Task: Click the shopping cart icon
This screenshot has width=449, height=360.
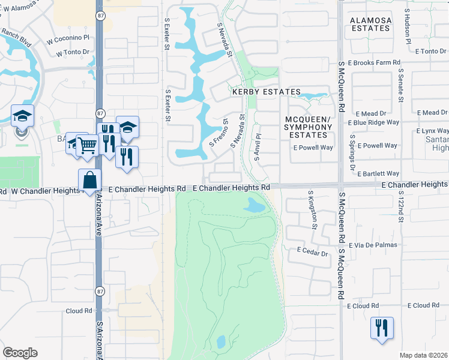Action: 88,144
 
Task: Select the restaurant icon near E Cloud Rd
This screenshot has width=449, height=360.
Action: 382,328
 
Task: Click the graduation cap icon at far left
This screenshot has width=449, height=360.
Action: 22,116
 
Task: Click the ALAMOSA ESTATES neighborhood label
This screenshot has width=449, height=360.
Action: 370,24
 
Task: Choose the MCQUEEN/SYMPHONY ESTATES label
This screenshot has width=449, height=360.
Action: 307,127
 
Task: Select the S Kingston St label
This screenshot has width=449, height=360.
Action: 313,209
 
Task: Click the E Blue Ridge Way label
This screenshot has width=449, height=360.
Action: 373,122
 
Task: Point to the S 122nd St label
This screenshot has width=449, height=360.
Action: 400,208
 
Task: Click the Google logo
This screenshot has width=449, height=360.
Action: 20,352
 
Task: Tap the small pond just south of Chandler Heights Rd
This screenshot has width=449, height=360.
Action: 255,206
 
